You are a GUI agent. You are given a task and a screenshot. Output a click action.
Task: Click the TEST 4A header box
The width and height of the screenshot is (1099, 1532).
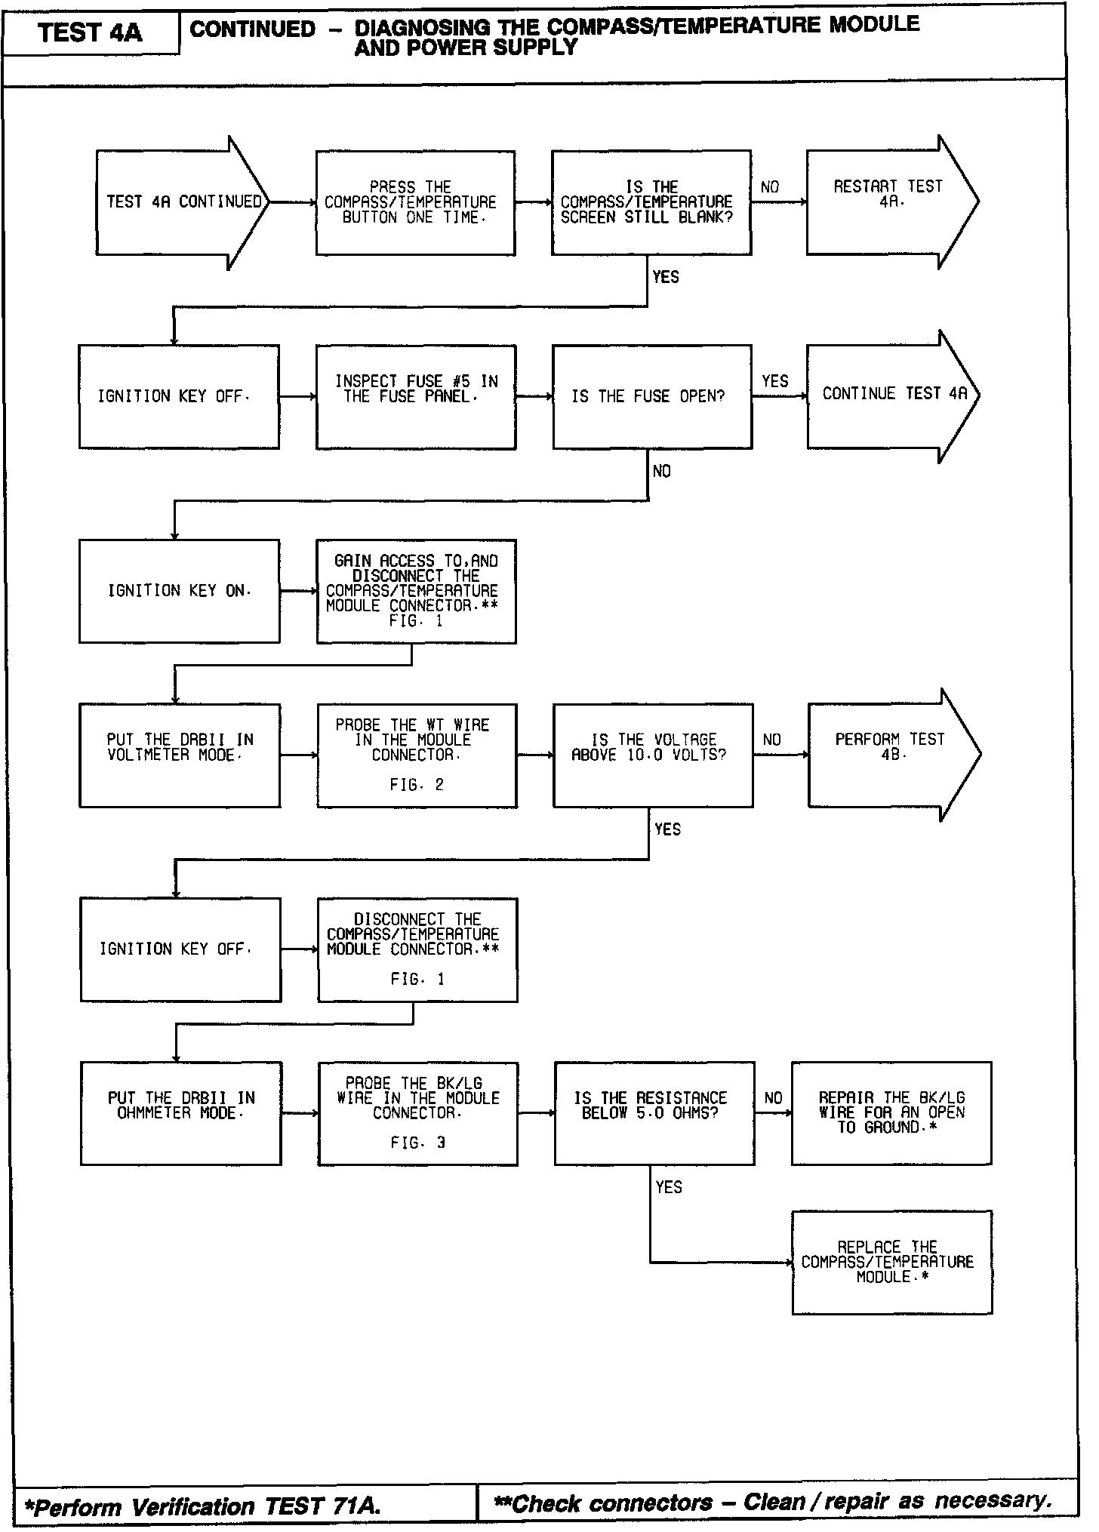tap(91, 33)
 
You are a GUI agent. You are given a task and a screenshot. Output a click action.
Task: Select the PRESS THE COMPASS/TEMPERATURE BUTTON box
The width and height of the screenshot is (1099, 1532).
tap(415, 202)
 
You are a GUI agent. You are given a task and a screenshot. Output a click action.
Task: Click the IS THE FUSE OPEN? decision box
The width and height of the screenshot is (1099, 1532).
tap(651, 397)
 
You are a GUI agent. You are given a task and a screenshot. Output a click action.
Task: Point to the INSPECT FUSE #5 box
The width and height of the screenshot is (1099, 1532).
tap(416, 397)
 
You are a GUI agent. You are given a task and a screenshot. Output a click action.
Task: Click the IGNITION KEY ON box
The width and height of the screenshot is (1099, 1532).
tap(179, 591)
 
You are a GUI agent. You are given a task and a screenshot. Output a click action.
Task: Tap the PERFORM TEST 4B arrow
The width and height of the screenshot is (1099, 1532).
tap(891, 754)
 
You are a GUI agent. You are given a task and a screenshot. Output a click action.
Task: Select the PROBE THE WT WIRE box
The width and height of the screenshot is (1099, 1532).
tap(417, 755)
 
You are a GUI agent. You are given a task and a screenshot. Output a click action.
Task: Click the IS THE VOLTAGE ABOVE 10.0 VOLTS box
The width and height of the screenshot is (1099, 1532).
tap(652, 755)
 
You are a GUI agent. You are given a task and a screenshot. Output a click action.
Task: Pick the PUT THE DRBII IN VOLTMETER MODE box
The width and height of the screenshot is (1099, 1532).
tap(180, 755)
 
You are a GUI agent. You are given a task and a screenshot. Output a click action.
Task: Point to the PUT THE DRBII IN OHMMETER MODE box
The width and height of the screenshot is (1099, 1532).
tap(180, 1113)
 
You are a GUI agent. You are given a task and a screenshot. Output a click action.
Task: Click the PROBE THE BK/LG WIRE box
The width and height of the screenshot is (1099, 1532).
tap(417, 1113)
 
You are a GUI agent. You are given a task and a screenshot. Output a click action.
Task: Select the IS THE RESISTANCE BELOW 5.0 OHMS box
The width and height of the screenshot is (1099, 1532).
tap(654, 1113)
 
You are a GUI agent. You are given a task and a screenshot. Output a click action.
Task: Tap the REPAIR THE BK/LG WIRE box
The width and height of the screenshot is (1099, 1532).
tap(891, 1113)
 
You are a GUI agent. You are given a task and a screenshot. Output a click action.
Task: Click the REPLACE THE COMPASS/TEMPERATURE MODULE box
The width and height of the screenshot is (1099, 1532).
tap(891, 1262)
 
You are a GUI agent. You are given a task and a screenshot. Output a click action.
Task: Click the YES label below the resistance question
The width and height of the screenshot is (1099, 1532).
tap(669, 1187)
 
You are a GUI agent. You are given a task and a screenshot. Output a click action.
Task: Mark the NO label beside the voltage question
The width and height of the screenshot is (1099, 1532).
tap(771, 740)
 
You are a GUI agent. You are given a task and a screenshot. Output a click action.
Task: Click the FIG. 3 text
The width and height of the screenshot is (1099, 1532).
tap(418, 1143)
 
